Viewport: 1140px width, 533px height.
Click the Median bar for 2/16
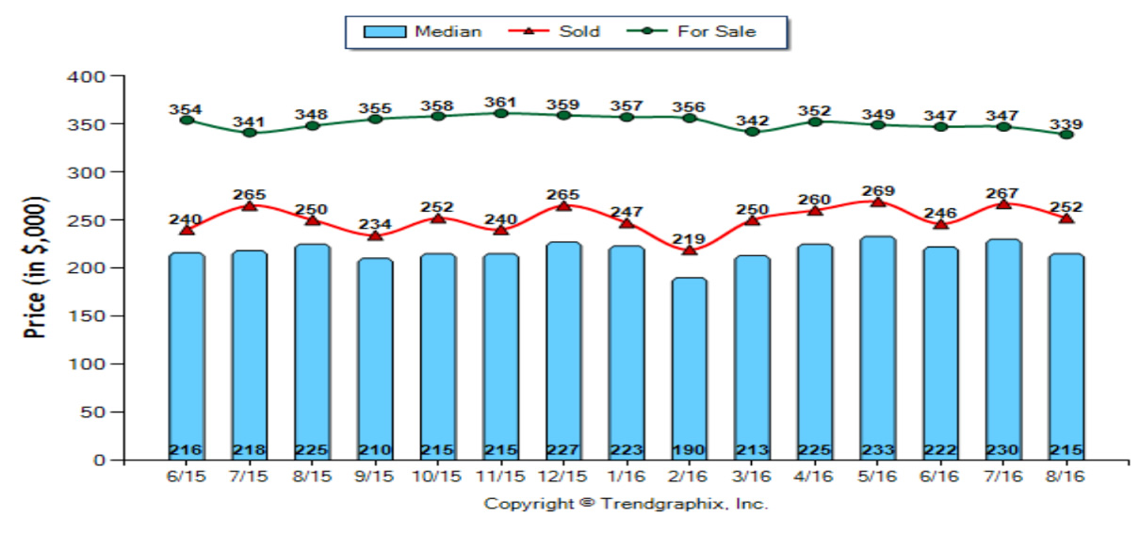click(689, 369)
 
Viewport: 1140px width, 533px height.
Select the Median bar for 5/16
click(878, 347)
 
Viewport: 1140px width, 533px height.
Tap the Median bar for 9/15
click(375, 359)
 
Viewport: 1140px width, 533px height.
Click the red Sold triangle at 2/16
click(689, 250)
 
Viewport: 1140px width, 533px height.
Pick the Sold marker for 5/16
click(878, 202)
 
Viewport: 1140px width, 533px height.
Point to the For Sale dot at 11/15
click(501, 113)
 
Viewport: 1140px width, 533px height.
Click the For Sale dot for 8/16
click(1067, 135)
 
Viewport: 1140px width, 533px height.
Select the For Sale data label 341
click(250, 122)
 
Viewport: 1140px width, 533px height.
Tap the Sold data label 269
click(878, 191)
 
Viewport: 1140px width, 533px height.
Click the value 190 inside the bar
click(689, 450)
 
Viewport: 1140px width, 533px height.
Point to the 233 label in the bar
click(878, 450)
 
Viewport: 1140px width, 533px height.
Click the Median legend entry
click(422, 31)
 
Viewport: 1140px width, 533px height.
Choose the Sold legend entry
click(554, 31)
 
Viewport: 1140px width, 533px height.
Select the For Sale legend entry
click(692, 31)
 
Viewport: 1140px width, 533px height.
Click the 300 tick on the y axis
click(86, 172)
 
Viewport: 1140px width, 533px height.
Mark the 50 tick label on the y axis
click(92, 412)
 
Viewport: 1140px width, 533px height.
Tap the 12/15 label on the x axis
click(562, 476)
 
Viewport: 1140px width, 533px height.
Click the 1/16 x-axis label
click(626, 476)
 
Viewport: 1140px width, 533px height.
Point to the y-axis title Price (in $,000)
click(35, 267)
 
